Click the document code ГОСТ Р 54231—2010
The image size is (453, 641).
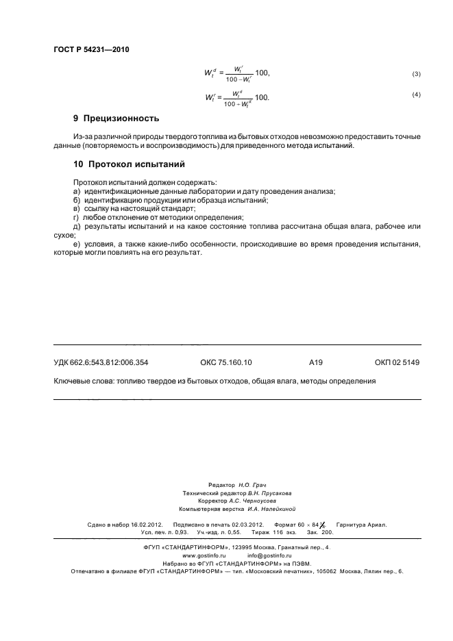[91, 49]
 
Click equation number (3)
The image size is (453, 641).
[416, 73]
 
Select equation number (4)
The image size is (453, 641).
[416, 95]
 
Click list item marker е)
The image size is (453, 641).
[77, 244]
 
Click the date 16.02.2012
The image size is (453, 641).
[146, 525]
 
